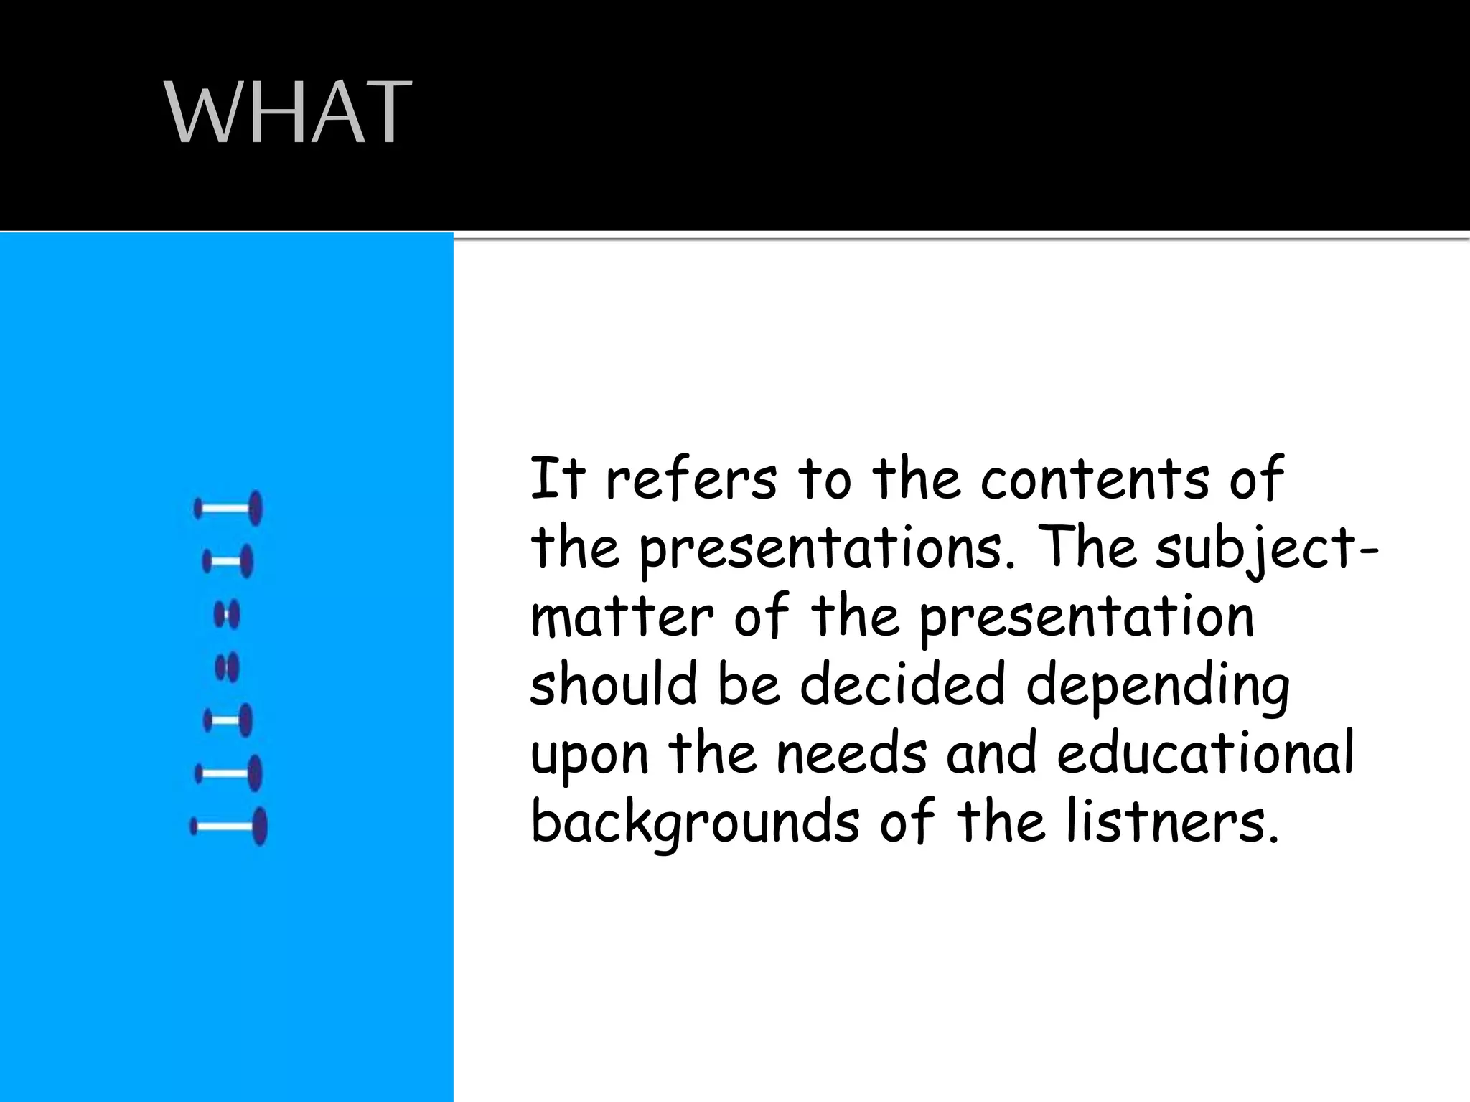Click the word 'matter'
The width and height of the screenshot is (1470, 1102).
[x=622, y=617]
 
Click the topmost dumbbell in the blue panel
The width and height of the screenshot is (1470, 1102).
[x=228, y=509]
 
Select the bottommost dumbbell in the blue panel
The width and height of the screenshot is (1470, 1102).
[x=229, y=826]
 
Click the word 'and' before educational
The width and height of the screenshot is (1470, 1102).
[x=991, y=753]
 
